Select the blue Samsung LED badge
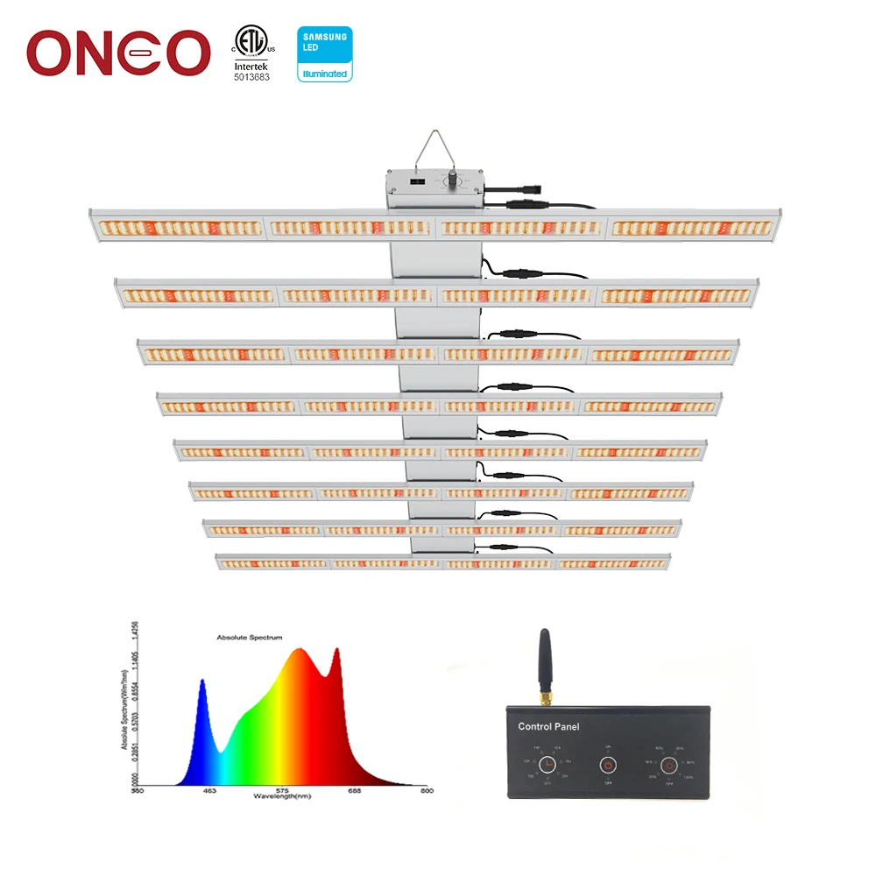coord(325,53)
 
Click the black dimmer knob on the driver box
coord(453,179)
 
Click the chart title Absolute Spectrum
coord(250,638)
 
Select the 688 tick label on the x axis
coord(354,790)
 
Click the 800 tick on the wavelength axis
coord(427,790)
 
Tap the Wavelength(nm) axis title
coord(282,796)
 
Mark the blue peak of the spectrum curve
coord(202,682)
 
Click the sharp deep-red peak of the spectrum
coord(336,651)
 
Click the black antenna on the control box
coord(543,657)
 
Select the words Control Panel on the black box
coord(548,726)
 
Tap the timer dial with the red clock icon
coord(548,765)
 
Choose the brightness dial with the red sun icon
coord(668,765)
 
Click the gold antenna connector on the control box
coord(544,698)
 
